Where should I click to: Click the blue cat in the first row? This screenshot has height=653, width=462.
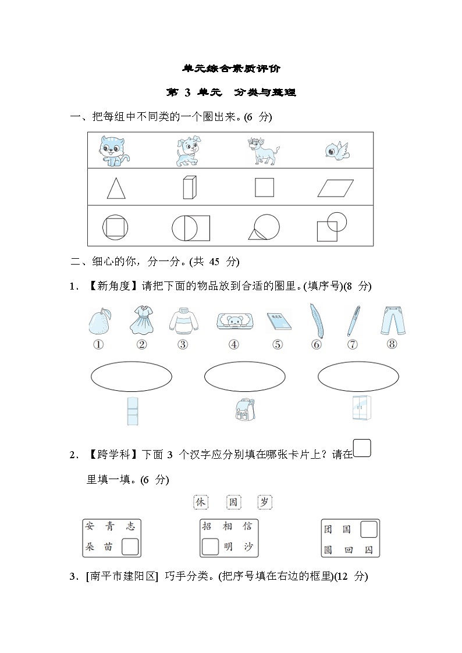click(115, 151)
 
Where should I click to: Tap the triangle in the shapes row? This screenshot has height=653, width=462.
click(115, 188)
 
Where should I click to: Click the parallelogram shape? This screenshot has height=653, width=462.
click(336, 188)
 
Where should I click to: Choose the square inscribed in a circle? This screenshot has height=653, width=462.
click(115, 227)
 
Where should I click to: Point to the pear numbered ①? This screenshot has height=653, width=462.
click(98, 320)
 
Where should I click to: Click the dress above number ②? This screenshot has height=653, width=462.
click(142, 320)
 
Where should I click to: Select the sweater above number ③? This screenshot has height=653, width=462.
click(183, 321)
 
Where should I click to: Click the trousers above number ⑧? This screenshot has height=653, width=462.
click(392, 319)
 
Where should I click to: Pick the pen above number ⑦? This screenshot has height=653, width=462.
click(353, 320)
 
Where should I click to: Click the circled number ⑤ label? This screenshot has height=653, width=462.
click(278, 345)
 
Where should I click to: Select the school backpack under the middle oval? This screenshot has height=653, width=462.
click(244, 410)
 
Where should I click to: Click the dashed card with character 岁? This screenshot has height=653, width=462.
click(265, 502)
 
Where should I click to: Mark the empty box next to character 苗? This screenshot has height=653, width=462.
click(130, 547)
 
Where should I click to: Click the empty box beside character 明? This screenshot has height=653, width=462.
click(209, 547)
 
